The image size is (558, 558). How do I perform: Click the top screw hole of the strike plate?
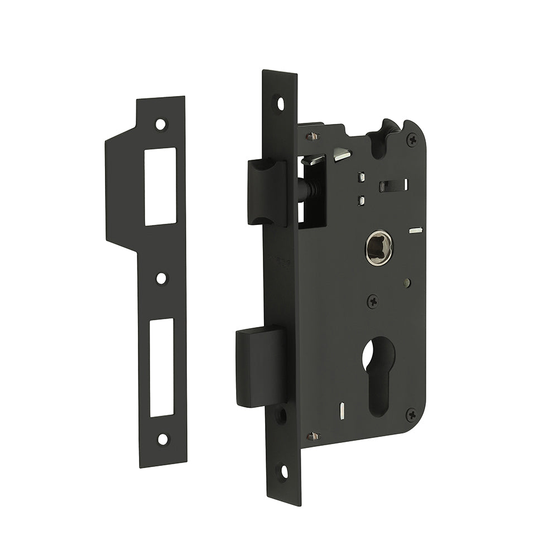click(161, 124)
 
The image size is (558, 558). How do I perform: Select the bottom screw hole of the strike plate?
click(162, 439)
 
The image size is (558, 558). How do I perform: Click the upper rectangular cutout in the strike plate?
click(160, 186)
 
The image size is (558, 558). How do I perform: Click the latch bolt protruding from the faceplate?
click(266, 191)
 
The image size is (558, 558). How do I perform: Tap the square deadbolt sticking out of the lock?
click(260, 366)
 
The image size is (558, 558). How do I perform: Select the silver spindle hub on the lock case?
click(379, 246)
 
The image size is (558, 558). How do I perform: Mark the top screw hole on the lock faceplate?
click(280, 103)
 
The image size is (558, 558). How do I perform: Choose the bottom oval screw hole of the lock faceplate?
click(283, 472)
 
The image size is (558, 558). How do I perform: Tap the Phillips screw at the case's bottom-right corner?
click(411, 415)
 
